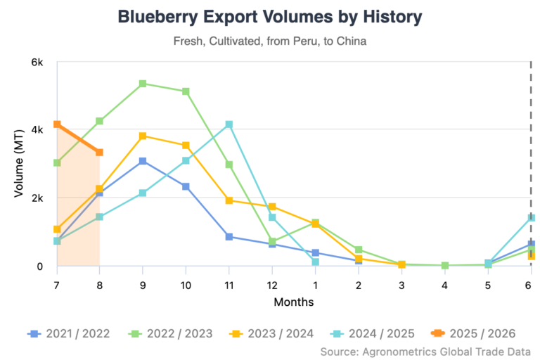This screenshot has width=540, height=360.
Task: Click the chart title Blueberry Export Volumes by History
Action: coord(270,16)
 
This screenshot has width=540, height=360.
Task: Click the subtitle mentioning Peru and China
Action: coord(270,41)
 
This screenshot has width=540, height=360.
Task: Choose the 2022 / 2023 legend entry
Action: coord(172,333)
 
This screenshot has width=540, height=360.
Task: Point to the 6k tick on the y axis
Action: coord(37,63)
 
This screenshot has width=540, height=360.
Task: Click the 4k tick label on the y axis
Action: coord(37,130)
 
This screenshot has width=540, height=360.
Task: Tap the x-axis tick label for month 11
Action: coord(229,284)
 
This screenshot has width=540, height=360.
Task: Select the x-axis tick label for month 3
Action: coord(401,284)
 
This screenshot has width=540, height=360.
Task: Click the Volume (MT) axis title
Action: coord(20,164)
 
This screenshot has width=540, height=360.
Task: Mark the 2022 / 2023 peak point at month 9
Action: coord(143,84)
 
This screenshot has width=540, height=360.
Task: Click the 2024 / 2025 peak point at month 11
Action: coord(229,124)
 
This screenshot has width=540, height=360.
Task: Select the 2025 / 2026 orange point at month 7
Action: coord(57,124)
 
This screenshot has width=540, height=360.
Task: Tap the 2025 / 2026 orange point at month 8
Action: coord(100,153)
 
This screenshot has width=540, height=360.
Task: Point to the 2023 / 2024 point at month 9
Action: coord(143,136)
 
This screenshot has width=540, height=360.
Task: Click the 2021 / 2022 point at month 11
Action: coord(229,237)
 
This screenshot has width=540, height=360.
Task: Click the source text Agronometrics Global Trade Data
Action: coord(425,351)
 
